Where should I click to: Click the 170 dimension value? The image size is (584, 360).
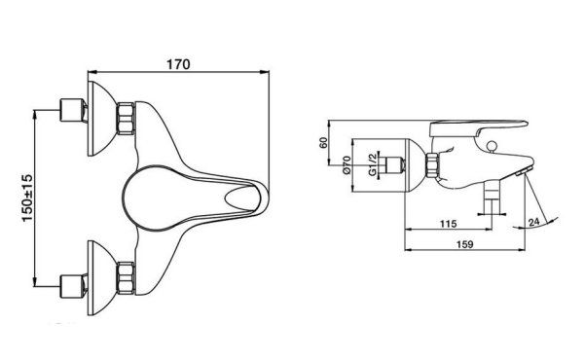pos(178,64)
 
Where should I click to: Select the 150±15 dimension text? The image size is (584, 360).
pos(27,198)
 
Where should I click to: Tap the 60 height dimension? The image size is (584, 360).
pos(324,143)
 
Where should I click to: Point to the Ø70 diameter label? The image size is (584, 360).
pos(347,165)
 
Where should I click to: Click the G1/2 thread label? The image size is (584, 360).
pos(372,163)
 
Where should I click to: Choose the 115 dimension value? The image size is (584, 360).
pos(448,224)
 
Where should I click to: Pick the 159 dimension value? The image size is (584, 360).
pos(464,244)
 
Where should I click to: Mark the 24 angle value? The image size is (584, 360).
pos(533,222)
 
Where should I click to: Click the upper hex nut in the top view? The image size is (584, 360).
pos(126,119)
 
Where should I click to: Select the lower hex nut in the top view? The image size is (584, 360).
pos(126,278)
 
